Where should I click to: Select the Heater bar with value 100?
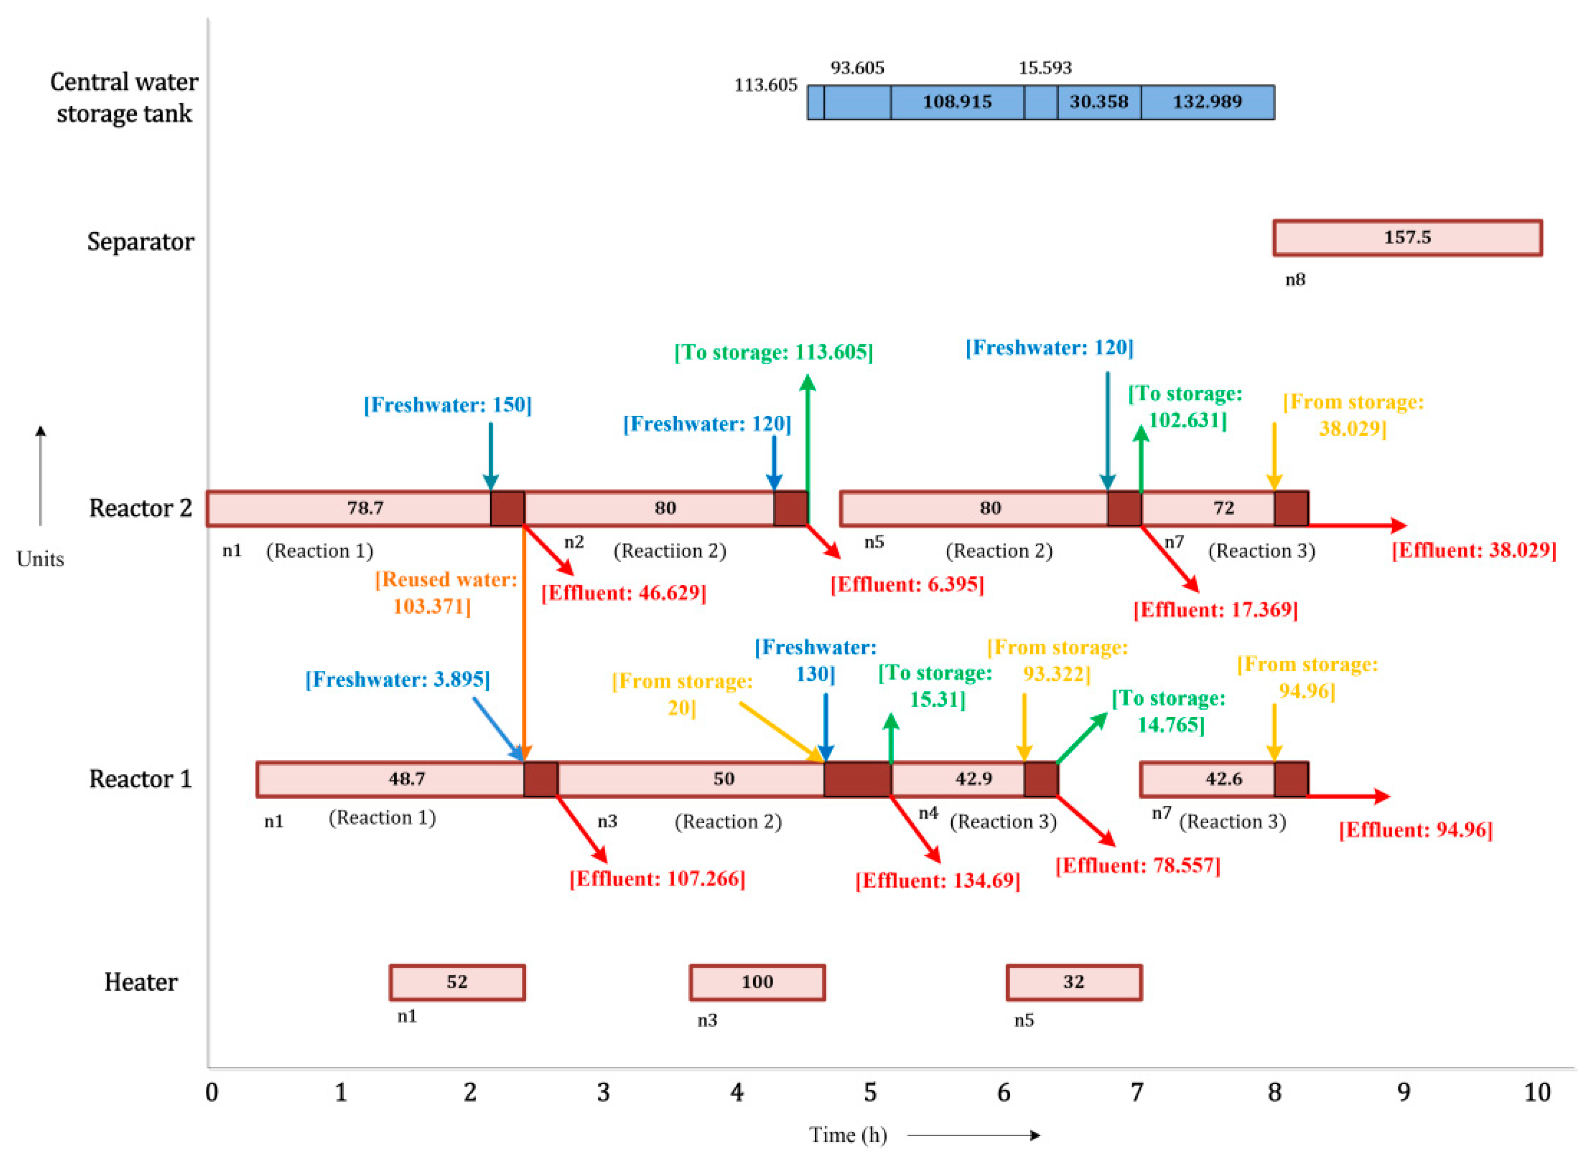[757, 982]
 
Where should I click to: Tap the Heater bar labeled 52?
[457, 982]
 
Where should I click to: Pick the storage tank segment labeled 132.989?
[1207, 102]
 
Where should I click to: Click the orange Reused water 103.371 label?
[446, 592]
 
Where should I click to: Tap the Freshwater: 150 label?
[448, 405]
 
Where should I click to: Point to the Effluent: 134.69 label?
[937, 880]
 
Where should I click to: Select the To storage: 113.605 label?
[774, 352]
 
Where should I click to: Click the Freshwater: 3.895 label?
[397, 679]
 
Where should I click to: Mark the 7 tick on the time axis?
[1137, 1092]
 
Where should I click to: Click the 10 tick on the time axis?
[1537, 1092]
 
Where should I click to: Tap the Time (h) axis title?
[848, 1135]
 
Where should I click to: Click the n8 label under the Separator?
[1295, 280]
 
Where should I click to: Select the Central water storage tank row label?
[124, 97]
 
